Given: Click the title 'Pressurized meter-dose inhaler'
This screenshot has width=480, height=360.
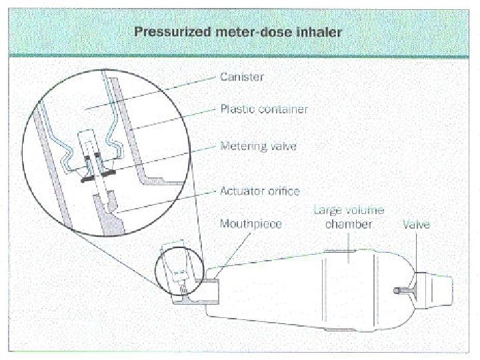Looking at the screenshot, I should point(239,31).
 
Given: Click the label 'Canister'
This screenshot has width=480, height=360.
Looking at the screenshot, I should point(242,77).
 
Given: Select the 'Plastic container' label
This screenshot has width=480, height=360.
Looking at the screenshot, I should point(264,109).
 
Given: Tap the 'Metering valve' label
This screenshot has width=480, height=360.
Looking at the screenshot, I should point(259,146).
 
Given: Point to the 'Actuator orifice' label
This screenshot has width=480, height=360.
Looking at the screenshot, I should point(260,192).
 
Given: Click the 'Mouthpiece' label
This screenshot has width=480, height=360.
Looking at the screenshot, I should point(251,225).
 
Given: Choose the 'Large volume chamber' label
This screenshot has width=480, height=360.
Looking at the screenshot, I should point(349,217).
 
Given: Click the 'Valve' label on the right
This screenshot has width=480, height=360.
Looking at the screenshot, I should point(417,225).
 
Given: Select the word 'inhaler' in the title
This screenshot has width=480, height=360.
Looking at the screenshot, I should point(321,31).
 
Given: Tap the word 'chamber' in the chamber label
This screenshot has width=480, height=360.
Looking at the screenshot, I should point(349,225).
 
